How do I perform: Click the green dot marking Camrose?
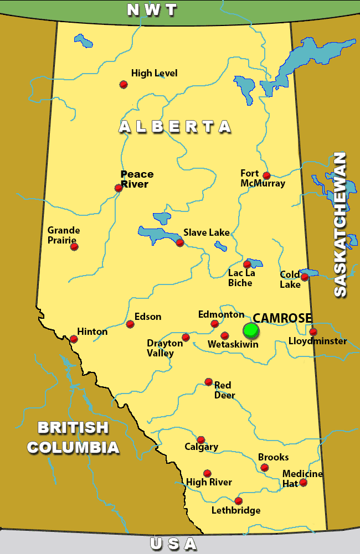point(251,330)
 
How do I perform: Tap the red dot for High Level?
point(124,84)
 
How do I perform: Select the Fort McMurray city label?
point(263,178)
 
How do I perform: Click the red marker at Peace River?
point(119,188)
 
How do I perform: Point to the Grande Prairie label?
point(63,235)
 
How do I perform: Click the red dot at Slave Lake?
point(180,242)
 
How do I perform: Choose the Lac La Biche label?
point(240,278)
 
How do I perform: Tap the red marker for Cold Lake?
point(304,277)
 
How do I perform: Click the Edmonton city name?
point(221,314)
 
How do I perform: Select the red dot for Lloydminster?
point(313,332)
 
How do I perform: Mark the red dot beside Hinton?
point(74,339)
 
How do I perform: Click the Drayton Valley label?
point(164,348)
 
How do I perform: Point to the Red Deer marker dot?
point(208,381)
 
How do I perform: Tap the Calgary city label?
point(202,447)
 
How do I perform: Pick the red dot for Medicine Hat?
point(303,483)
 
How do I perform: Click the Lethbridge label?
point(236,510)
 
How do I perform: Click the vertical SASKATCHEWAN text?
point(340,224)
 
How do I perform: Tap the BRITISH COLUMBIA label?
point(73,437)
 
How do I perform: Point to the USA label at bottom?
point(173,544)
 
